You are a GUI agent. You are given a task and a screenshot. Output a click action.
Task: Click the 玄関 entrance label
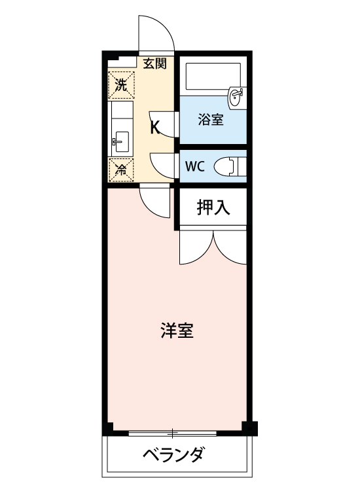(x=155, y=64)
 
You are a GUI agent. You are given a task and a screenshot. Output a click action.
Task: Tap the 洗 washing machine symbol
(x=120, y=84)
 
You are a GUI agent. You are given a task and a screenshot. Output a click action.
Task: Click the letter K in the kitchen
(x=155, y=127)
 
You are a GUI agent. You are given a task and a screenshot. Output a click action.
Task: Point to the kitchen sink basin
(x=120, y=139)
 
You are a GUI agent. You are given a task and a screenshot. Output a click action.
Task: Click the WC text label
(x=195, y=166)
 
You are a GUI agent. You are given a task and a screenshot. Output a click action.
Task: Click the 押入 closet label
(x=213, y=208)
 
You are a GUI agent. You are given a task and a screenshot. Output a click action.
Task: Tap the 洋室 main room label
(x=177, y=331)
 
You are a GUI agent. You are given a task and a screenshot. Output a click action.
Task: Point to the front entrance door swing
(x=156, y=33)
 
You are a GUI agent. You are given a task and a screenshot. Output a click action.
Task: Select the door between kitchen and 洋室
(x=154, y=200)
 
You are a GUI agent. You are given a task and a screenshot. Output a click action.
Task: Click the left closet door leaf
(x=195, y=247)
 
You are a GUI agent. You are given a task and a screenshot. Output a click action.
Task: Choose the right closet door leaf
(x=230, y=247)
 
